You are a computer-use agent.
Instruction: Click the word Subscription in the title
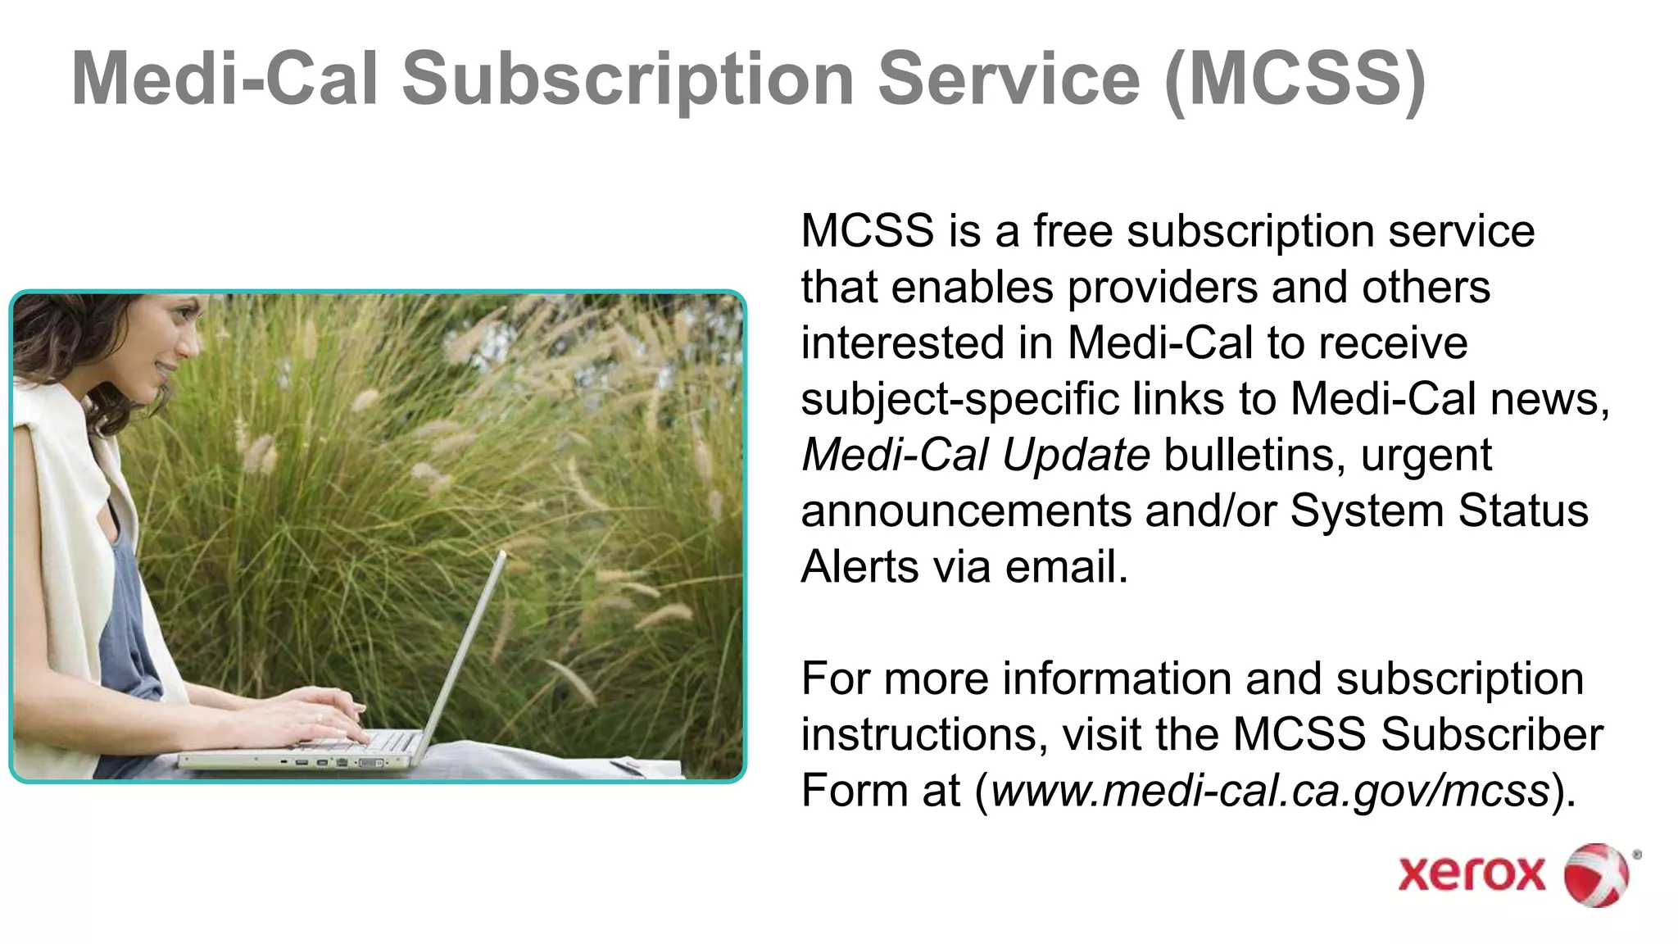pos(628,79)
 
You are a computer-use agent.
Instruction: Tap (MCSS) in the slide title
pos(1295,79)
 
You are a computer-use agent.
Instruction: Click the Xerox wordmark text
pos(1471,874)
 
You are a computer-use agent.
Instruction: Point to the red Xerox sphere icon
pos(1597,874)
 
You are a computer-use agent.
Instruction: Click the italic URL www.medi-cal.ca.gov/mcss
pos(1270,791)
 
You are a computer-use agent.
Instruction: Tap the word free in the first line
pos(1073,231)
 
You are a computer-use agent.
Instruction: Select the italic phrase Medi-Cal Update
pos(975,455)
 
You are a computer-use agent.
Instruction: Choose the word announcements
pos(966,511)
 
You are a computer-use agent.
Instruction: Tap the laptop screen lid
pos(463,647)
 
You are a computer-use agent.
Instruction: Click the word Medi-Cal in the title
pos(225,79)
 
